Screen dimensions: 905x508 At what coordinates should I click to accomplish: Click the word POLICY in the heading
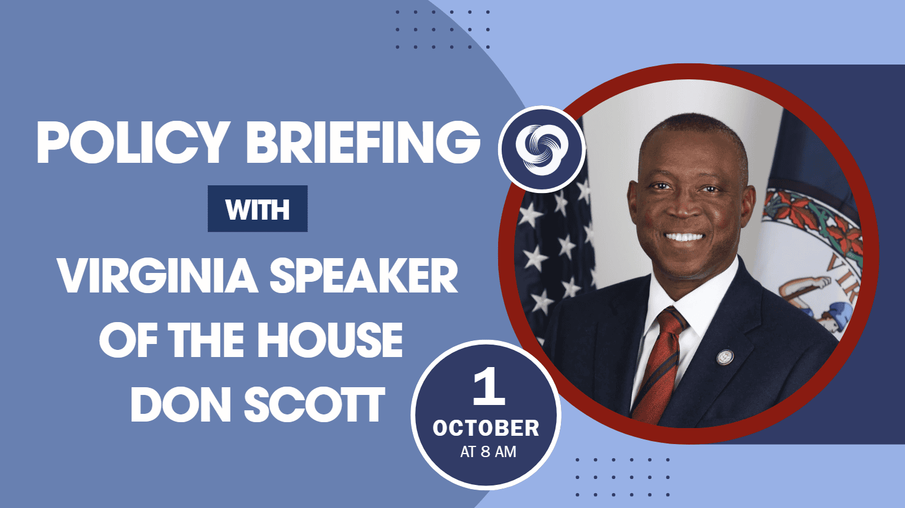[x=131, y=142]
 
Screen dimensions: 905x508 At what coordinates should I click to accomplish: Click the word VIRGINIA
[x=158, y=275]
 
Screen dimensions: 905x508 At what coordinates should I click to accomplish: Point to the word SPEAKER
[x=364, y=275]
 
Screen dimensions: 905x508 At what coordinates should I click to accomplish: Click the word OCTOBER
[x=486, y=429]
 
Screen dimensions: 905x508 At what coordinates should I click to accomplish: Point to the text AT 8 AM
[x=488, y=452]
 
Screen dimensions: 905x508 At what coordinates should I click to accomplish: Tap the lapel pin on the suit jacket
[x=725, y=357]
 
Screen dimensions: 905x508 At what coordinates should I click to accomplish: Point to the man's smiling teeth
[x=684, y=237]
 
